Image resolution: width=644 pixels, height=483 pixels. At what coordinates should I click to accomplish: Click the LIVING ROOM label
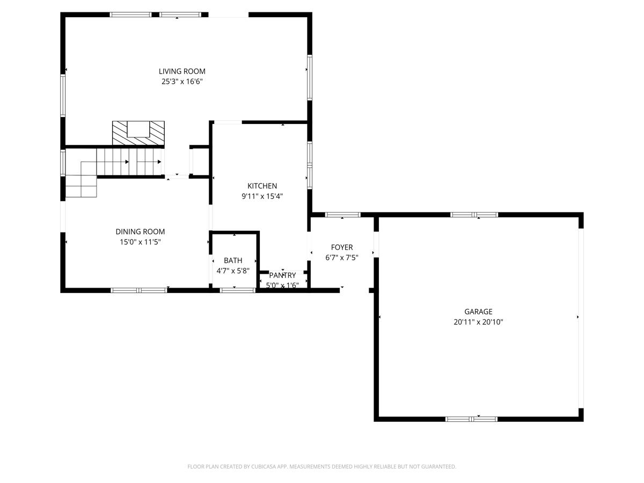coord(182,71)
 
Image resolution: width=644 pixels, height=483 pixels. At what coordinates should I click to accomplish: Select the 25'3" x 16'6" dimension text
coord(182,82)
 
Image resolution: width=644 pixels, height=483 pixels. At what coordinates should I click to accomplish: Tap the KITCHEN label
coord(262,186)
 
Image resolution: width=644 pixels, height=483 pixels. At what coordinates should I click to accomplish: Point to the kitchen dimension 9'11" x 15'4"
coord(262,196)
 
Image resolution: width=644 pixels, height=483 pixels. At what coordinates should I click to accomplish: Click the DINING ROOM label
coord(140,232)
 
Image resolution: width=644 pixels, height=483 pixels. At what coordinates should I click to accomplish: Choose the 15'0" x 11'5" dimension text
coord(140,242)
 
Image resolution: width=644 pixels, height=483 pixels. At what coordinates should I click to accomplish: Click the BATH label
coord(233,260)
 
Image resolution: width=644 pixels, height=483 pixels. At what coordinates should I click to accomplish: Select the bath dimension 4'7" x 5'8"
coord(233,271)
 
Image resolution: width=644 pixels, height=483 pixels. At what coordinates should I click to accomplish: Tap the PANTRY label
coord(282,275)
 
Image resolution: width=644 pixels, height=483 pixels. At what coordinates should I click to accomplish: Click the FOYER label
coord(342,247)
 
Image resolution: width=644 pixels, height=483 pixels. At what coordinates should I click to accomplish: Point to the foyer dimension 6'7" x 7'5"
coord(342,258)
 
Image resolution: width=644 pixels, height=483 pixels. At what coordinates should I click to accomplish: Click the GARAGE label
coord(478,312)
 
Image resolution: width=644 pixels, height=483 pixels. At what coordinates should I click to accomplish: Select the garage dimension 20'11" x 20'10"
coord(478,323)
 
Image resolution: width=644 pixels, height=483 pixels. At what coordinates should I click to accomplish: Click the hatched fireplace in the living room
coord(138,133)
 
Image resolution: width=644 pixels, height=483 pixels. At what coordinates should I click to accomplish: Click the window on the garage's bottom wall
coord(472,419)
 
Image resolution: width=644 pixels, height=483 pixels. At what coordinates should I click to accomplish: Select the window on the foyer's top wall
coord(343,215)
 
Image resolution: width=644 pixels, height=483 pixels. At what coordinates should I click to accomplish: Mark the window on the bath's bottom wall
coord(237,290)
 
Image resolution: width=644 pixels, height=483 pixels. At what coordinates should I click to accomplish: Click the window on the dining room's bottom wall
coord(138,290)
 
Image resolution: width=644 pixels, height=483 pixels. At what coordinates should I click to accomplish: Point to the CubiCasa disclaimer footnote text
coord(321,467)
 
